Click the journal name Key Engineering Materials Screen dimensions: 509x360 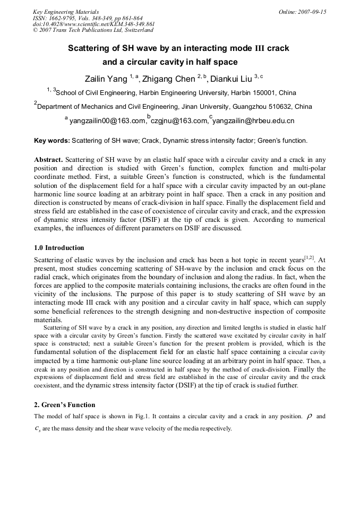[66, 11]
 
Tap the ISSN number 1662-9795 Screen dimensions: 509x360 [59, 18]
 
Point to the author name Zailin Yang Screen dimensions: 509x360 [107, 80]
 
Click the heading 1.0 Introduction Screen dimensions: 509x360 [59, 248]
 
